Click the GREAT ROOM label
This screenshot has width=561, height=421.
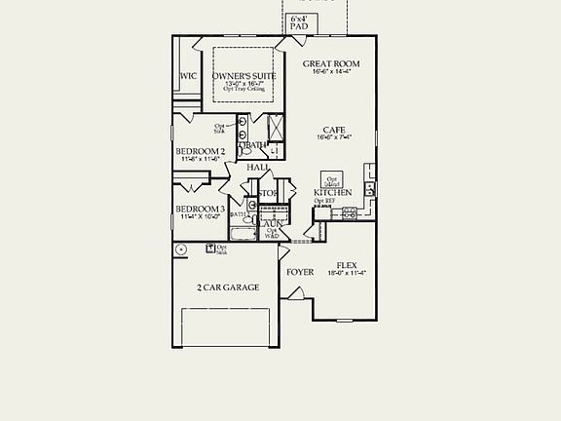(331, 64)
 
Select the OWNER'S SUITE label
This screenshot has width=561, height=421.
(243, 76)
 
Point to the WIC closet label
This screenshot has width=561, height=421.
(188, 76)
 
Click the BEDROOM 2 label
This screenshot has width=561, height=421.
(201, 152)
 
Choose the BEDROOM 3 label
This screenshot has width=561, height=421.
(201, 210)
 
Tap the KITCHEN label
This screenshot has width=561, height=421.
(332, 193)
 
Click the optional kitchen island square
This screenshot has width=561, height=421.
(332, 179)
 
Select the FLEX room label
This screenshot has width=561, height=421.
(346, 265)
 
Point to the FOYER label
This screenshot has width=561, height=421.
(299, 272)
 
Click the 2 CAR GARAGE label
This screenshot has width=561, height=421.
(228, 287)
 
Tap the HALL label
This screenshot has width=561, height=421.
(258, 168)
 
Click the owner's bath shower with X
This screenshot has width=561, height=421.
(275, 128)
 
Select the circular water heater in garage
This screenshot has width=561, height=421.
(181, 249)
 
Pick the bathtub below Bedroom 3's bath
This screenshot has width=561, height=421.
(243, 234)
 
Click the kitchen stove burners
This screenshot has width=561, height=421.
(350, 211)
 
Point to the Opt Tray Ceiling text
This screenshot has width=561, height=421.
(243, 90)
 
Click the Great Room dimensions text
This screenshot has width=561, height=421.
(331, 72)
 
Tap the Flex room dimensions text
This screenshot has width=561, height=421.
(346, 274)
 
